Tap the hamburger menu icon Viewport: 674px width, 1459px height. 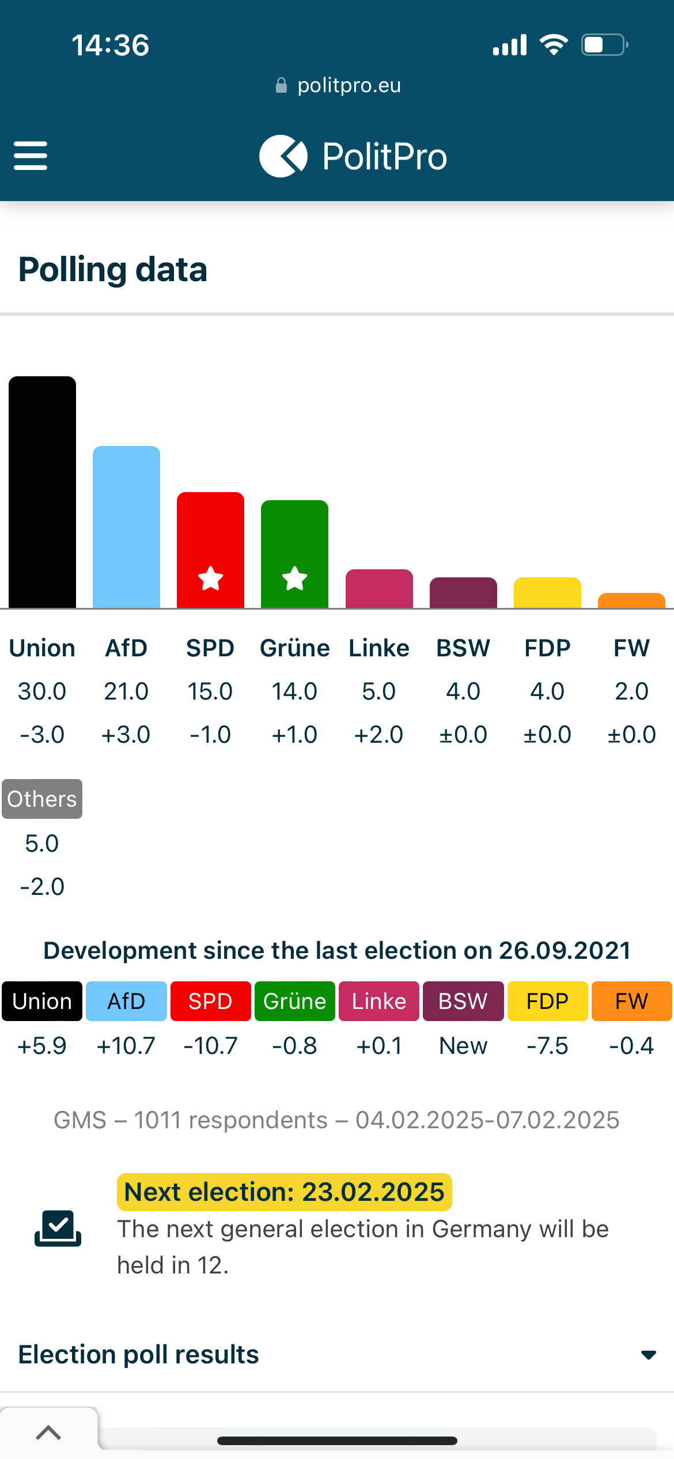point(31,156)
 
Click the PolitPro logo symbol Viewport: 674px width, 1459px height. point(283,156)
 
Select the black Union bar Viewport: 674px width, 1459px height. point(42,492)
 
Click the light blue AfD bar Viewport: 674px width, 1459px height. point(126,527)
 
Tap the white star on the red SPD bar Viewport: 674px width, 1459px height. point(210,579)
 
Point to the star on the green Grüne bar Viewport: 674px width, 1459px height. point(294,579)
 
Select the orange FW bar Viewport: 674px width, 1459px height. point(631,600)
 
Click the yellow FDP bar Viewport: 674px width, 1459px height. point(547,592)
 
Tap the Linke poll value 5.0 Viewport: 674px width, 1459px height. point(378,691)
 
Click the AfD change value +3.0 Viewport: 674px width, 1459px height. point(126,735)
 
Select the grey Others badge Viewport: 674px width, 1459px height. point(42,799)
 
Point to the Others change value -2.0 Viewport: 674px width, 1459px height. point(42,887)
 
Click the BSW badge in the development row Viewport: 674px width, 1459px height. point(463,1001)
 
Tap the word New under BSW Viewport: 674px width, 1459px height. point(463,1046)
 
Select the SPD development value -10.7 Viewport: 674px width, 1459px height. point(210,1046)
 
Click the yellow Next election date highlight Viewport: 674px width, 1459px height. point(285,1192)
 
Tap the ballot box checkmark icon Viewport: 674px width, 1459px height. point(58,1229)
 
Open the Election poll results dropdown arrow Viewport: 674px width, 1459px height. point(649,1355)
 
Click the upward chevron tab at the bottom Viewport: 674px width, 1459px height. point(48,1432)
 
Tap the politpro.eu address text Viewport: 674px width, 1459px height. point(349,85)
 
